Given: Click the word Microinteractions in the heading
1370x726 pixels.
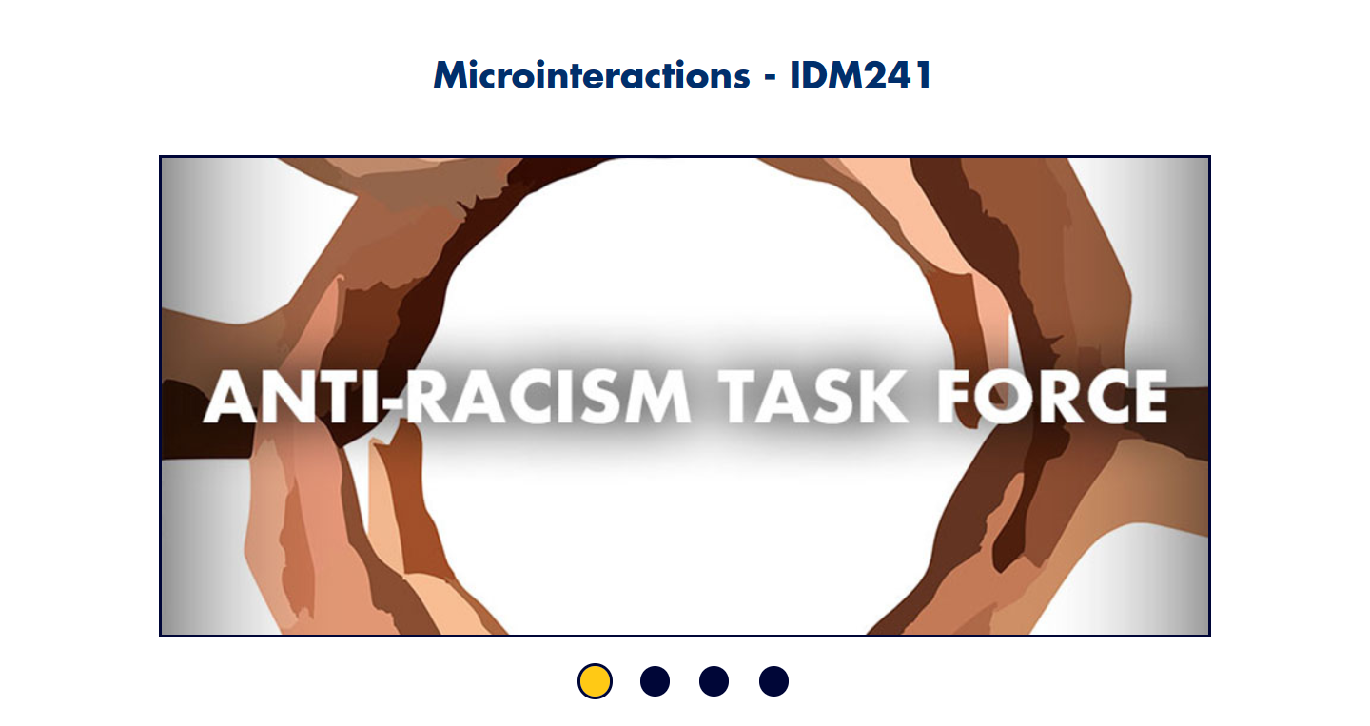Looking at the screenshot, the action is (592, 75).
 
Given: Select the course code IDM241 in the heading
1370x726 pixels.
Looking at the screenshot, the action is (860, 75).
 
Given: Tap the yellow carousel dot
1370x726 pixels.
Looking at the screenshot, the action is (595, 680).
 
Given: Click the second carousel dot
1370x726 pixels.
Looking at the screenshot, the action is (655, 680).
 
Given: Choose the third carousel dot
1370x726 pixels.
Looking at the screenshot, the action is (714, 680).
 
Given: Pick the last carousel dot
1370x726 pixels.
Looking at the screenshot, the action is (773, 680).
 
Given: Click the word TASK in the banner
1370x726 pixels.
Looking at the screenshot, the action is (812, 396).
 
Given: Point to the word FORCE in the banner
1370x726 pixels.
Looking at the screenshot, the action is (1052, 396).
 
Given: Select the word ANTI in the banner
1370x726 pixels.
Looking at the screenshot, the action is (298, 396).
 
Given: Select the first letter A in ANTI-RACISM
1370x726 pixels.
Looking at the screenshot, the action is (232, 396).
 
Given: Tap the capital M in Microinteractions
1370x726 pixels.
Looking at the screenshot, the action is (452, 76).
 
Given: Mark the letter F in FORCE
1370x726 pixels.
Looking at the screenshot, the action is (955, 396).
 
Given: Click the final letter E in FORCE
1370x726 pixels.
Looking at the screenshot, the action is (1150, 396).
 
